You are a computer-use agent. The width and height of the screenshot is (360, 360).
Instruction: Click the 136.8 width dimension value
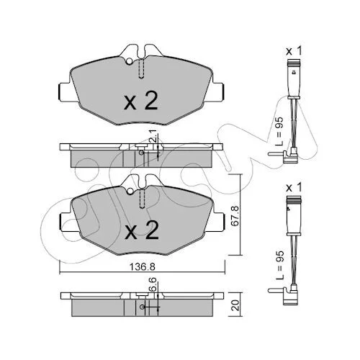pyautogui.click(x=143, y=266)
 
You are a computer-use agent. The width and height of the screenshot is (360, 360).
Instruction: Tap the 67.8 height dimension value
pyautogui.click(x=235, y=215)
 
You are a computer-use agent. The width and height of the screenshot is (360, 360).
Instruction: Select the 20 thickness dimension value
pyautogui.click(x=236, y=305)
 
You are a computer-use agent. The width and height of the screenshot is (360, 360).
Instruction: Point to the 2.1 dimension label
pyautogui.click(x=155, y=136)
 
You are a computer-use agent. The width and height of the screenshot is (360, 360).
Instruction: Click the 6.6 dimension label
pyautogui.click(x=153, y=284)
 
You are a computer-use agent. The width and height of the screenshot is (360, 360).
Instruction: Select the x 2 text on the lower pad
pyautogui.click(x=142, y=230)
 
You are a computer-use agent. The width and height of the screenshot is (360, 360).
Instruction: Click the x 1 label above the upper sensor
pyautogui.click(x=294, y=51)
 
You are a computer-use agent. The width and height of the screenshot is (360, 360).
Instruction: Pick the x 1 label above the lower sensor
pyautogui.click(x=294, y=188)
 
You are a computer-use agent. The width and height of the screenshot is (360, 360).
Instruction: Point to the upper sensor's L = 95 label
pyautogui.click(x=279, y=132)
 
